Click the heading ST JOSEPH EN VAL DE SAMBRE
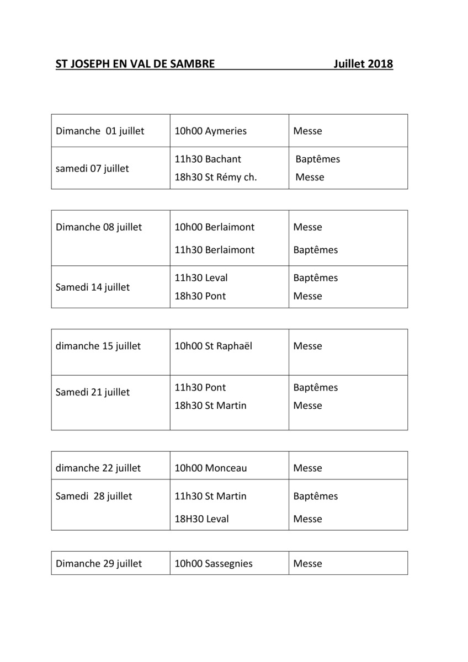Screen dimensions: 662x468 135,64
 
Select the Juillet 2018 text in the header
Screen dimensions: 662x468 363,64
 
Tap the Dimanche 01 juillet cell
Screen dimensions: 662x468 100,131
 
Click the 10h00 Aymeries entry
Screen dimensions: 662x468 211,131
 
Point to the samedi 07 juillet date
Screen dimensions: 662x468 92,169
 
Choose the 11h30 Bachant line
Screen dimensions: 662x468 208,159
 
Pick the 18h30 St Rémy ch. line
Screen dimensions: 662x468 216,178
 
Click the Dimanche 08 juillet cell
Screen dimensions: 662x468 99,227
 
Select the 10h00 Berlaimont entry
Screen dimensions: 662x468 215,227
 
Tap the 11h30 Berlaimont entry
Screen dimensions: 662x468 215,250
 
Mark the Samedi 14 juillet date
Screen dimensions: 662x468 93,287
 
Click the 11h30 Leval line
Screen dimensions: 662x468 201,278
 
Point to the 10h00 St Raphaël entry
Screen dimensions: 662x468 213,346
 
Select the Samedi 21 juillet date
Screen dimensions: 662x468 93,392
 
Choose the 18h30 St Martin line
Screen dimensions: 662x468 211,406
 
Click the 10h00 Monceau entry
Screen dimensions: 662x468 211,468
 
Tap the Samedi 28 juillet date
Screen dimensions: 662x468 94,496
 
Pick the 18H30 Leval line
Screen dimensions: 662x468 201,519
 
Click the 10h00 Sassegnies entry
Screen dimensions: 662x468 214,564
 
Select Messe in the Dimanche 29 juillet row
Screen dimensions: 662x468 307,564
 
